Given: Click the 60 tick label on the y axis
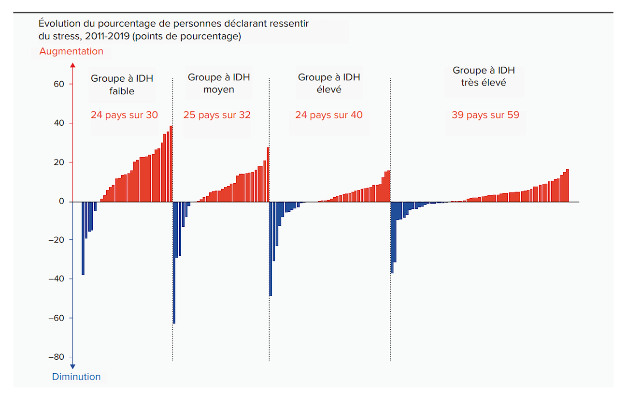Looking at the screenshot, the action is click(x=59, y=84).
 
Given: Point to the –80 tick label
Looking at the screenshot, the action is click(x=57, y=357).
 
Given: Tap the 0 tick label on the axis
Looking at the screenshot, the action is click(x=61, y=201).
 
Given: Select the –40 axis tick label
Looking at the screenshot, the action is click(x=57, y=278).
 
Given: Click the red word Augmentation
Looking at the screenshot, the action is click(x=71, y=51).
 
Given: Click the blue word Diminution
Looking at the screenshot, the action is click(x=76, y=377).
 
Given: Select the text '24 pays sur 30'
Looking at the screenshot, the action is click(x=124, y=115).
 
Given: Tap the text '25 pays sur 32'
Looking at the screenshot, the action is click(x=217, y=115).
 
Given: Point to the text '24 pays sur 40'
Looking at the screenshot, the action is click(x=329, y=115).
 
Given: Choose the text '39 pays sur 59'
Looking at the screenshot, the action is click(x=485, y=115).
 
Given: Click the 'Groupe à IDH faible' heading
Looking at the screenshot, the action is click(x=122, y=85).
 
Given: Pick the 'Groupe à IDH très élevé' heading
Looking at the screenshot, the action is click(x=484, y=76).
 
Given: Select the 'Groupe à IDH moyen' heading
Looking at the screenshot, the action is click(x=219, y=83).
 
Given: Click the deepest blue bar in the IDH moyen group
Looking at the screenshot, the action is click(x=174, y=263).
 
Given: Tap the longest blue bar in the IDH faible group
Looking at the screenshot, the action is click(x=83, y=238).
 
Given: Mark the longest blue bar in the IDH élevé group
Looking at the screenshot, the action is click(x=271, y=249).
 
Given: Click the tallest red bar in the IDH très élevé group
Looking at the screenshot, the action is click(x=567, y=186).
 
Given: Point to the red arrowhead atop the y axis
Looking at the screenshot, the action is click(x=72, y=65).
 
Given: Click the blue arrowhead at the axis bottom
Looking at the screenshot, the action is click(x=72, y=366).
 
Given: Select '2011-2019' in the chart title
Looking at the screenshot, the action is click(x=107, y=36).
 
